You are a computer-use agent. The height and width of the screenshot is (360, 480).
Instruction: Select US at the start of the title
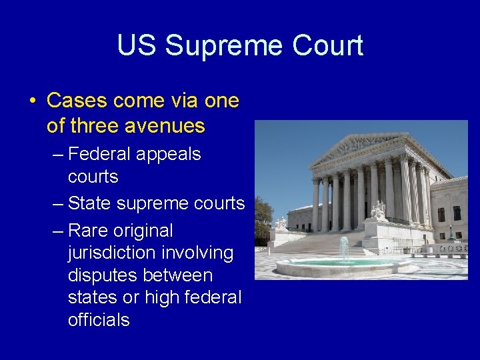(x=138, y=46)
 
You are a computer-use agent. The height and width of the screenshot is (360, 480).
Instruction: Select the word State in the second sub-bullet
(x=90, y=203)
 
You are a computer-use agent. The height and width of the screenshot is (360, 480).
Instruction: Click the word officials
(x=99, y=319)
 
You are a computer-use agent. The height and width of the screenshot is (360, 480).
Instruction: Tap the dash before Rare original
(x=57, y=231)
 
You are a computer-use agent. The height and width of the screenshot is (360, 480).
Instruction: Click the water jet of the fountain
(x=343, y=249)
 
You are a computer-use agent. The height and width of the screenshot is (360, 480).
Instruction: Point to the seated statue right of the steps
(x=379, y=211)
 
